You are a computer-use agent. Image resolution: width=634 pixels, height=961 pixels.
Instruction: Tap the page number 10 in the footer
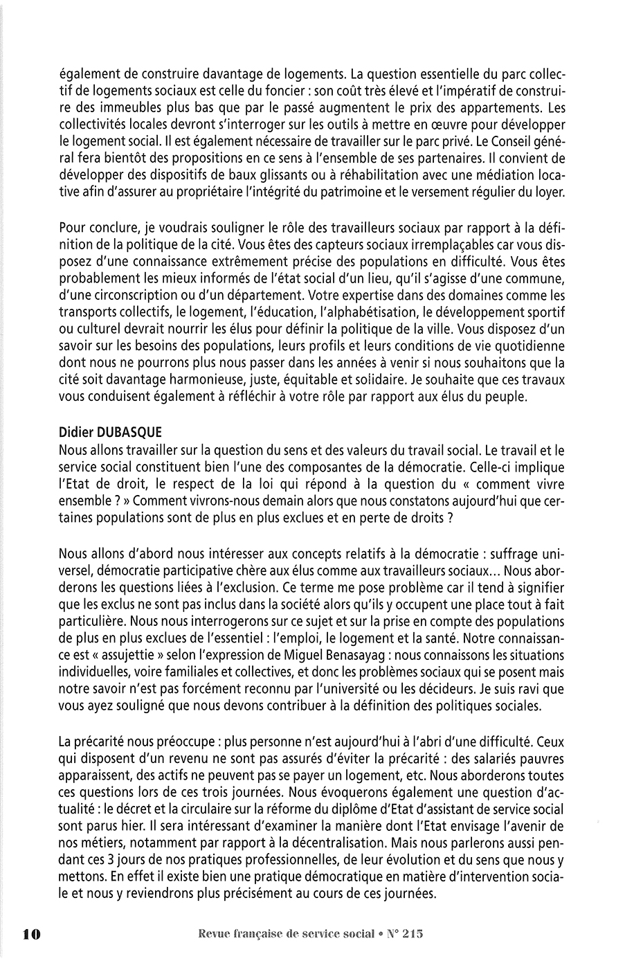(x=32, y=934)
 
